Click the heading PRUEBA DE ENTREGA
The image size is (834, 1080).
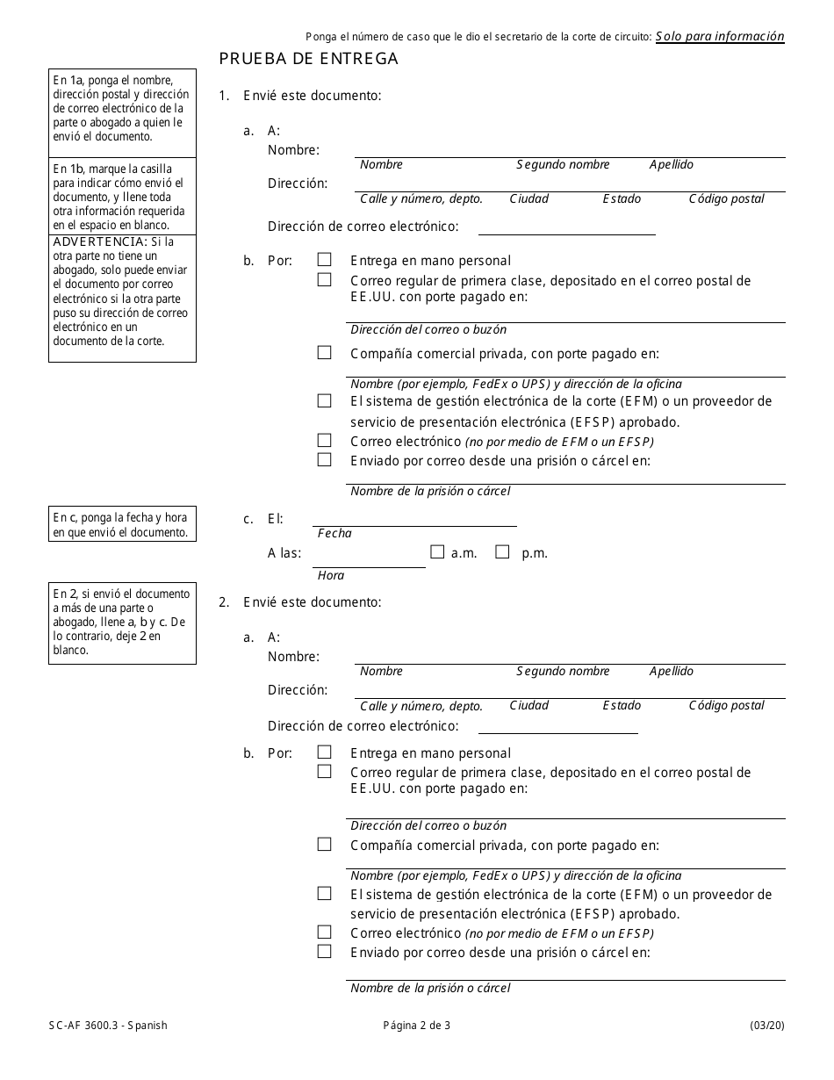[x=308, y=59]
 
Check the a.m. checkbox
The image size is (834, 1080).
[x=437, y=552]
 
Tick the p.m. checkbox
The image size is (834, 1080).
[x=502, y=552]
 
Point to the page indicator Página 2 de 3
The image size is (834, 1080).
[x=417, y=1025]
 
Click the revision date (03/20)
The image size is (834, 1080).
[x=767, y=1025]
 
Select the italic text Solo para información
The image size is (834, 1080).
[x=720, y=36]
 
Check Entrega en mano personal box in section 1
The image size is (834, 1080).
[x=325, y=260]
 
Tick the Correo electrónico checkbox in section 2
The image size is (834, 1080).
[x=325, y=932]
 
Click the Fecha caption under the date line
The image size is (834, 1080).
[x=334, y=533]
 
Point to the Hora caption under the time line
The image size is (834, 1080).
[x=331, y=575]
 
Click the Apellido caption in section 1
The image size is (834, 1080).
[x=672, y=164]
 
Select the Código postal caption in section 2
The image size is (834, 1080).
[x=726, y=705]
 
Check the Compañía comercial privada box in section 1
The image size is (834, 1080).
[x=325, y=353]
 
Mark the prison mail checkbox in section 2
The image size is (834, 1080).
[x=325, y=952]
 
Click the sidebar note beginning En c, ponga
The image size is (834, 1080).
[x=122, y=525]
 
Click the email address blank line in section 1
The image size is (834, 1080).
[x=566, y=227]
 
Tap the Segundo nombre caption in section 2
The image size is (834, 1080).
[x=563, y=671]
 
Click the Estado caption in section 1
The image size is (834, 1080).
[x=622, y=198]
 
